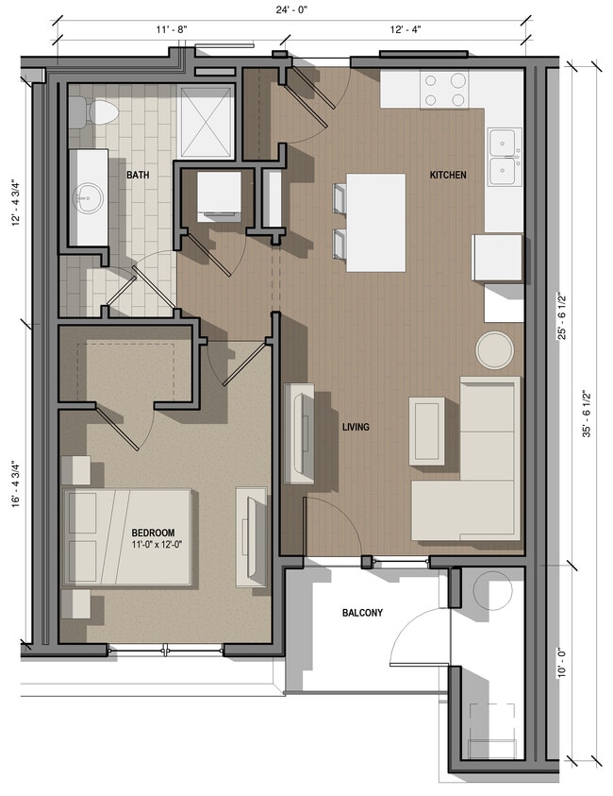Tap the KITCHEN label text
pos(448,175)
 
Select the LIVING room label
pos(356,428)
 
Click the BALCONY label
pos(362,613)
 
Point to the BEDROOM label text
pos(152,533)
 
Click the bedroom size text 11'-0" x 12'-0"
pos(152,545)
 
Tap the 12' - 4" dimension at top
pos(405,29)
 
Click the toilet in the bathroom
pos(99,112)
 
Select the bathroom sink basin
pos(91,196)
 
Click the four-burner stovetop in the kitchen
pos(445,90)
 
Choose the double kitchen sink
pos(505,157)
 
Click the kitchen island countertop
pos(376,223)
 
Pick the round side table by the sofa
pos(494,350)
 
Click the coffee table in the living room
pos(426,431)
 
